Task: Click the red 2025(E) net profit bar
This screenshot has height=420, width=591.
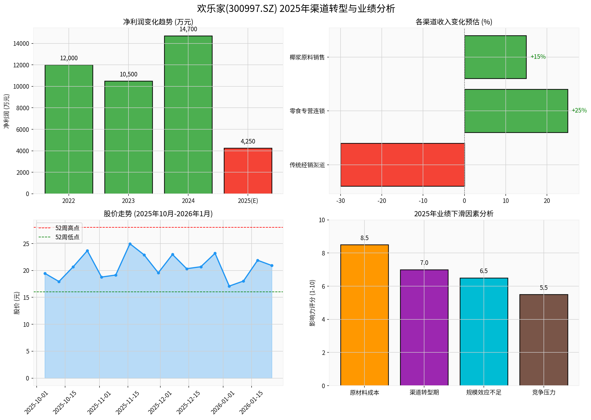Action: point(248,171)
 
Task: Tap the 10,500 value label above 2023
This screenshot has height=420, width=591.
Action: point(128,74)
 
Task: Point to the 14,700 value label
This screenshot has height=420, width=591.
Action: point(188,29)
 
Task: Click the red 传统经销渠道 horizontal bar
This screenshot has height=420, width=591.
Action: point(402,165)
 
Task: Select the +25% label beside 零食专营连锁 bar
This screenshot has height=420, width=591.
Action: point(579,111)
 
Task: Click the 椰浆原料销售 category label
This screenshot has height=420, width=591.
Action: point(307,57)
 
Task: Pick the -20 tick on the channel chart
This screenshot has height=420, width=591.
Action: point(381,201)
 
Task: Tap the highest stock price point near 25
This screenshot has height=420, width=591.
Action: point(130,244)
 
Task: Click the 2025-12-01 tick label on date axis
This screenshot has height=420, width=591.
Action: point(160,402)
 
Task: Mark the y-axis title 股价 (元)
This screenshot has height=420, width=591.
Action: point(17,303)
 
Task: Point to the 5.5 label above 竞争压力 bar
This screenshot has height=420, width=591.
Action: point(543,288)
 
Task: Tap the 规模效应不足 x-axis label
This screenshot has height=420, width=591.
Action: point(484,393)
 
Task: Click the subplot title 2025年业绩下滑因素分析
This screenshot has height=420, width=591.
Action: point(453,214)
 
